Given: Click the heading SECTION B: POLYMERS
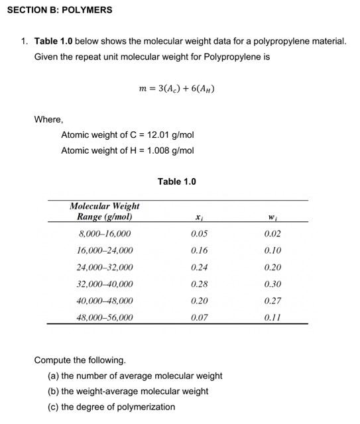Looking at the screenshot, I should coord(59,10).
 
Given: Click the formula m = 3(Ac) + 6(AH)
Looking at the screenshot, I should coord(176,88).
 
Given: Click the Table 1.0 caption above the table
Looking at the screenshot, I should coord(177,182).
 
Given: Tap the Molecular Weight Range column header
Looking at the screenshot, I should coord(105,211).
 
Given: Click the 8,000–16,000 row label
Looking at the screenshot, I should coord(105,234).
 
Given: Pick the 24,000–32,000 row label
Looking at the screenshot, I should coord(105,268).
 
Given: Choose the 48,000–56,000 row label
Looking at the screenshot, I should coord(105,317).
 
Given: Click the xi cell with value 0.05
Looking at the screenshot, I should coord(199,234).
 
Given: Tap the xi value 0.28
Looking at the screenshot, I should coord(199,284).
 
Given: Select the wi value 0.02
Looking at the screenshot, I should coord(272,234).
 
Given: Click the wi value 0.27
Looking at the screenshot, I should coord(272,301).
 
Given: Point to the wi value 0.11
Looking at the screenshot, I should coord(272,317).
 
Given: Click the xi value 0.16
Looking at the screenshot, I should coord(199,250).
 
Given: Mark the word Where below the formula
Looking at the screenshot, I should coord(48,120).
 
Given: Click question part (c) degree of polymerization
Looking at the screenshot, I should coord(111,407).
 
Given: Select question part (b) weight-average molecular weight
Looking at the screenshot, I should coord(128,391).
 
